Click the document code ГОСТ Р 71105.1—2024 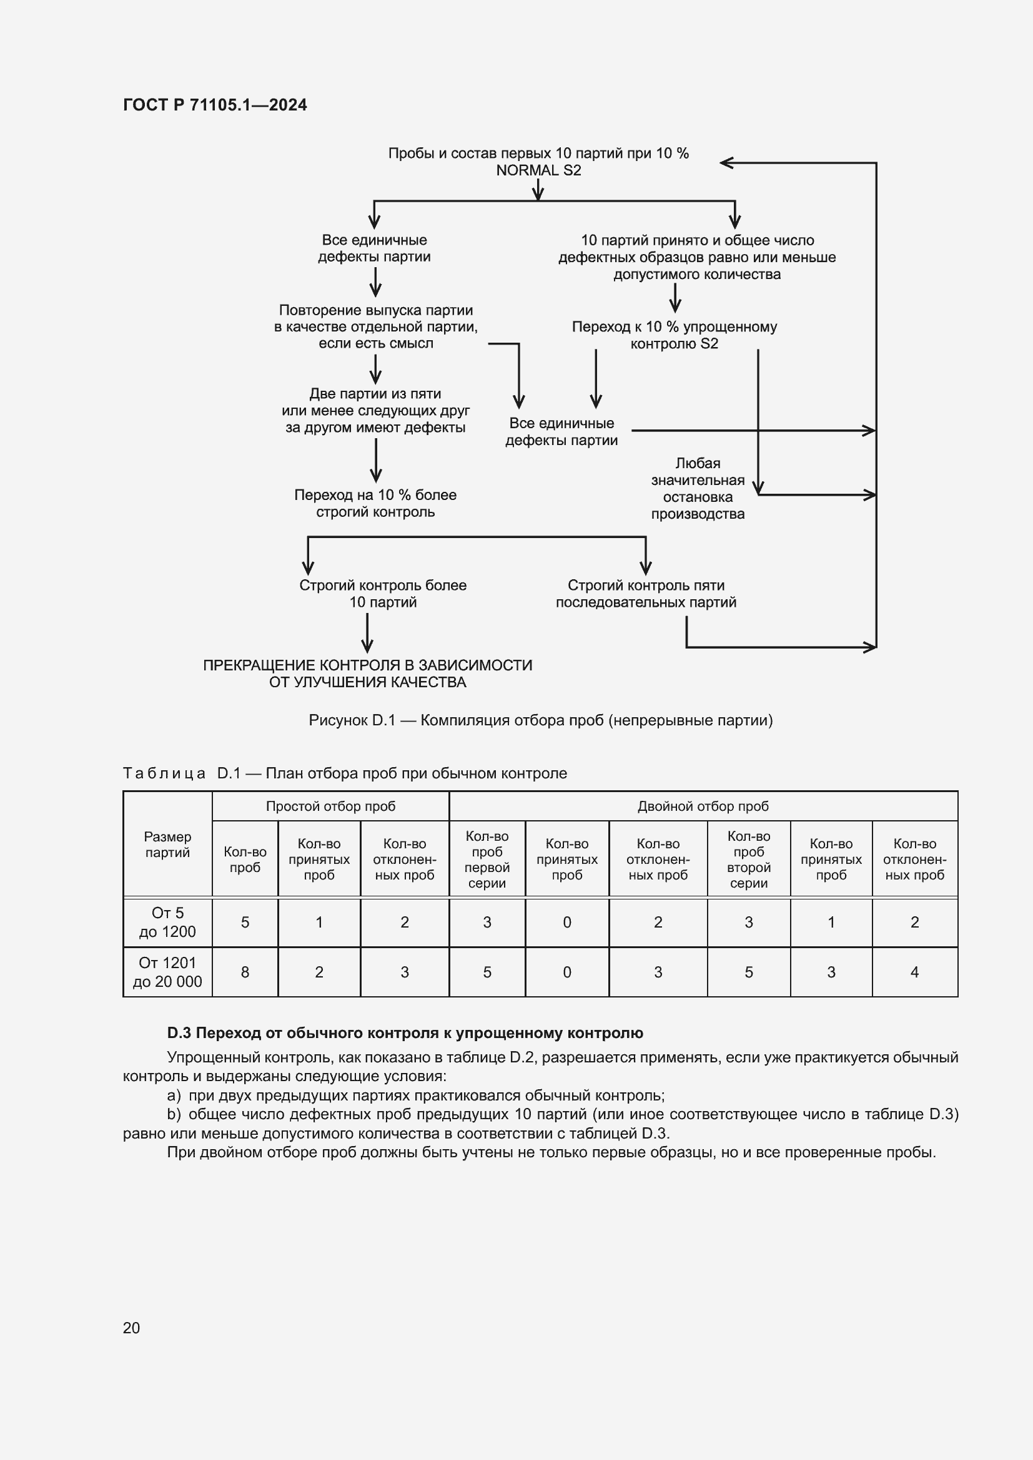tap(214, 105)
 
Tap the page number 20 tap(131, 1328)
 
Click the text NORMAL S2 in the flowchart tap(538, 170)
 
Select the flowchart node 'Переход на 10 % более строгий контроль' tap(375, 503)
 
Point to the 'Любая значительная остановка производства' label tap(697, 488)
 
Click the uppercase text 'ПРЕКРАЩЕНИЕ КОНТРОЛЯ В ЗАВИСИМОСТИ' tap(368, 665)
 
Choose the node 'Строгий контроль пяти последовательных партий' tap(646, 593)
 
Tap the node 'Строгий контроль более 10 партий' tap(383, 593)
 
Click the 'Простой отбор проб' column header tap(330, 806)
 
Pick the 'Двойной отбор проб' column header tap(703, 806)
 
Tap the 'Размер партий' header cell tap(167, 845)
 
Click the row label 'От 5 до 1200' tap(167, 922)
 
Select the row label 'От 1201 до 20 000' tap(167, 972)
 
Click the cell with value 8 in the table tap(245, 972)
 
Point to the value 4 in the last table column tap(914, 972)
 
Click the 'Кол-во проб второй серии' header tap(748, 859)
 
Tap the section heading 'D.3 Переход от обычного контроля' tap(405, 1032)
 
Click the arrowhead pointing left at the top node tap(726, 163)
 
